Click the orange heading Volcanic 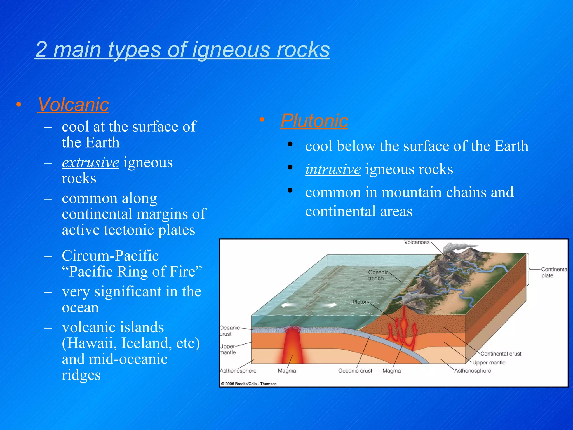[73, 105]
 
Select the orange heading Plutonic [314, 121]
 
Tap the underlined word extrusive [90, 163]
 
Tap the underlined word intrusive [333, 169]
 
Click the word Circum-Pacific [110, 256]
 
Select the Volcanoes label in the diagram [416, 242]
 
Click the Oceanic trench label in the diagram [378, 275]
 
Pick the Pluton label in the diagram [360, 302]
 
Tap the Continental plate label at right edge [553, 272]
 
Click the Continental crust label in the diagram [501, 354]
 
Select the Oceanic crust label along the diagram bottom [355, 371]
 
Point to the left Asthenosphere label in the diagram [238, 371]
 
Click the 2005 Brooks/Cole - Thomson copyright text [249, 384]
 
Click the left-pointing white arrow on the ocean [288, 305]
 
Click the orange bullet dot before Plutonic [262, 120]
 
